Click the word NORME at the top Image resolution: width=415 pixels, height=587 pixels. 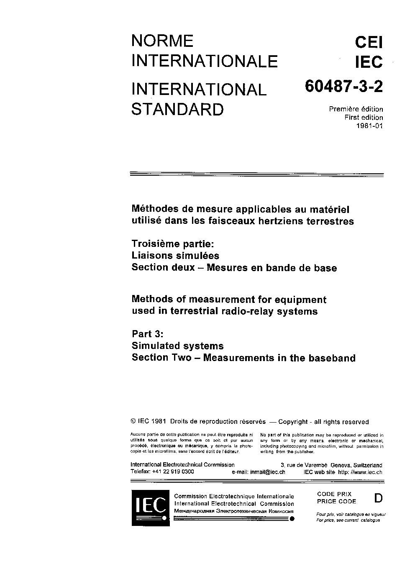pyautogui.click(x=162, y=41)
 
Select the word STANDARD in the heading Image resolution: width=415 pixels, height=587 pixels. pyautogui.click(x=177, y=109)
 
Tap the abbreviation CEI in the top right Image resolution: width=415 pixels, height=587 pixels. pyautogui.click(x=369, y=42)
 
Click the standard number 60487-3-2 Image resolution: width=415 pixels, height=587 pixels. pyautogui.click(x=343, y=87)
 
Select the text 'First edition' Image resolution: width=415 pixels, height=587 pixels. pyautogui.click(x=363, y=118)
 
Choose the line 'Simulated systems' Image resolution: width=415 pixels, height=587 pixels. pyautogui.click(x=177, y=346)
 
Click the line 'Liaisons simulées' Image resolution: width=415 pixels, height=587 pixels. pyautogui.click(x=175, y=255)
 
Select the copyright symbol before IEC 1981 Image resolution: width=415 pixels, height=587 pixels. pyautogui.click(x=133, y=422)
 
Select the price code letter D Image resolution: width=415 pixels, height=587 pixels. pyautogui.click(x=378, y=498)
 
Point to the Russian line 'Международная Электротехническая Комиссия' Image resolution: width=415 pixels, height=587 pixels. pyautogui.click(x=234, y=511)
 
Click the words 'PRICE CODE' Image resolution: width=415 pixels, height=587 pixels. pyautogui.click(x=336, y=501)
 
